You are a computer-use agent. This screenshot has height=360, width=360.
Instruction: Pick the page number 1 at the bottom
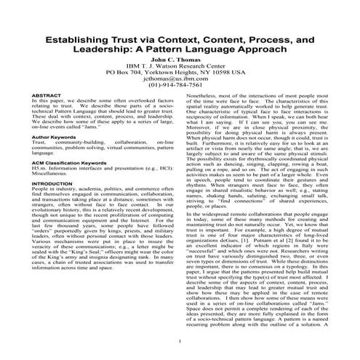[x=180, y=340]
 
